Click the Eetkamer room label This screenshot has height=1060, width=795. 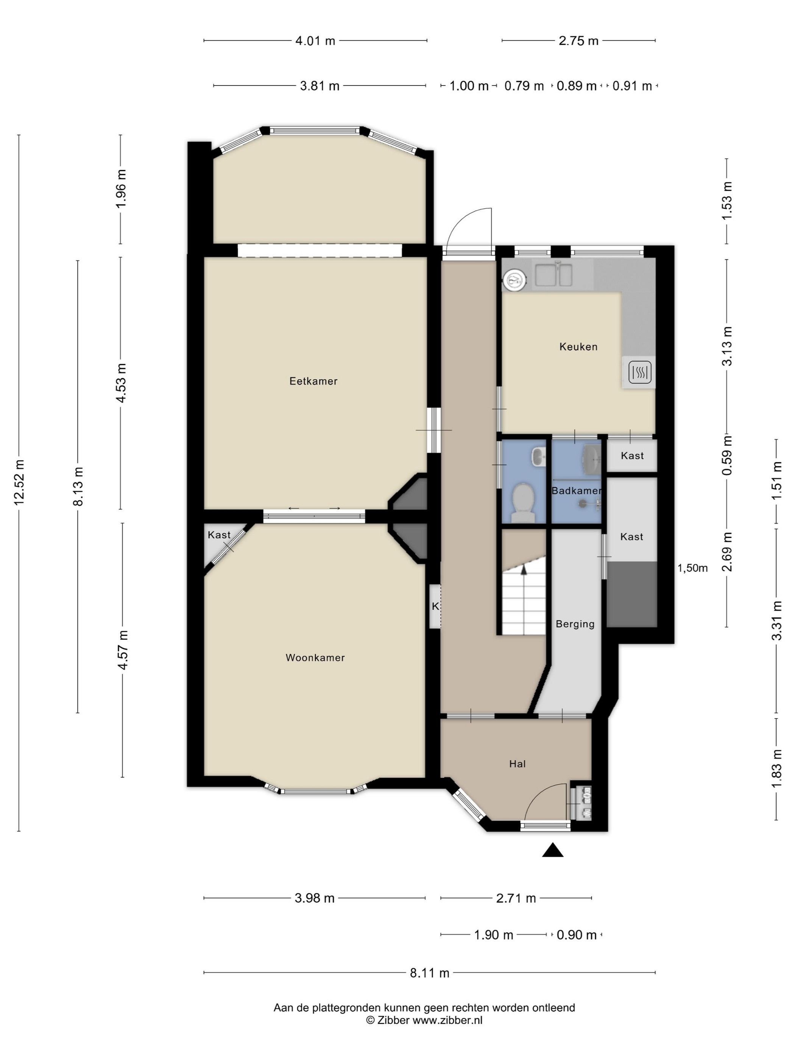click(313, 382)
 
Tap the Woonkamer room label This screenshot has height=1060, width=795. click(315, 658)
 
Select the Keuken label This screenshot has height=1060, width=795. click(578, 347)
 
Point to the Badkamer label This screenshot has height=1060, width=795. click(577, 491)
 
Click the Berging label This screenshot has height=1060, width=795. click(575, 624)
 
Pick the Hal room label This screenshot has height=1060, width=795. click(518, 764)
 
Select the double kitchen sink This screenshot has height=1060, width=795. click(554, 274)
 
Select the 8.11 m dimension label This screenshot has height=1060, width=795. click(430, 973)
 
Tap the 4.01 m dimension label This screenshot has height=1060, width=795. click(315, 41)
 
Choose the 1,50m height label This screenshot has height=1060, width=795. click(692, 568)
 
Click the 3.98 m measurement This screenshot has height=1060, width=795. click(314, 898)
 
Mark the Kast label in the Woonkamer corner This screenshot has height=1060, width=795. click(219, 535)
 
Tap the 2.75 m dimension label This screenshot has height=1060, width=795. click(578, 41)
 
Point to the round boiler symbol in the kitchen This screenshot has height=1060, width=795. click(514, 279)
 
